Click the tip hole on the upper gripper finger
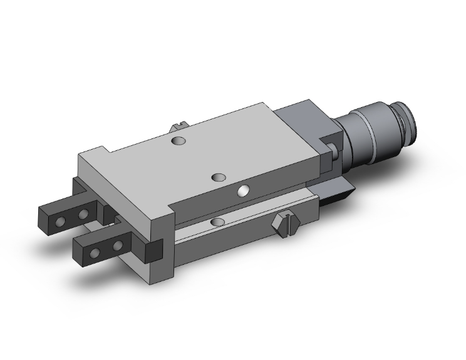click(61, 222)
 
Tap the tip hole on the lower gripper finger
click(95, 252)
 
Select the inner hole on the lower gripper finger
click(117, 244)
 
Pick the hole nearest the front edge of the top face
click(219, 177)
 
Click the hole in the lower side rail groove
click(218, 222)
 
